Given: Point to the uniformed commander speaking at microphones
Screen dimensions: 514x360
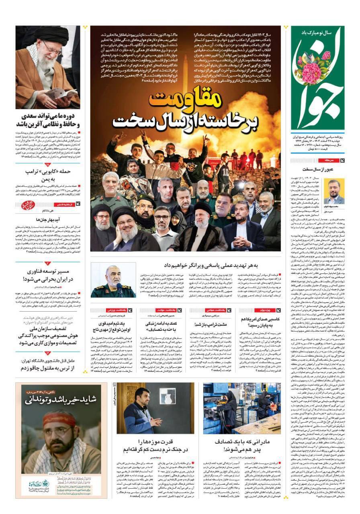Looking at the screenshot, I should click(x=107, y=281).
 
